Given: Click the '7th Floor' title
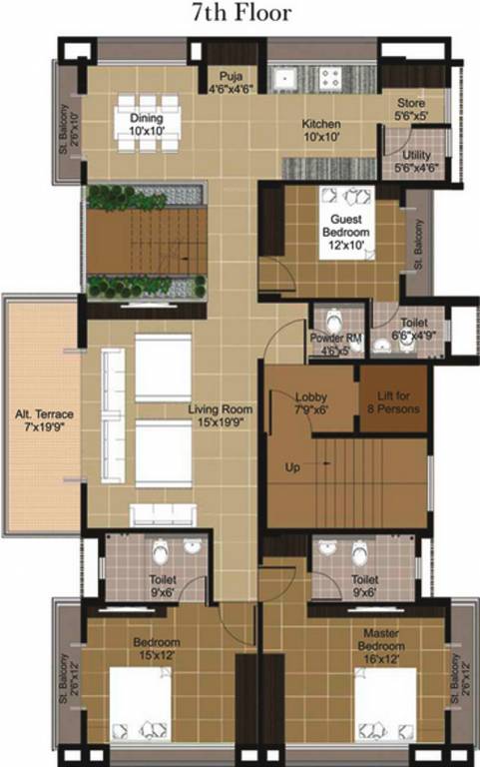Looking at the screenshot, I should [x=240, y=14].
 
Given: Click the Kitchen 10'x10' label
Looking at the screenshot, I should [x=322, y=130].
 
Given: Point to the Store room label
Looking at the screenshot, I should [x=411, y=109].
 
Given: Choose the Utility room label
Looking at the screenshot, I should [x=415, y=163].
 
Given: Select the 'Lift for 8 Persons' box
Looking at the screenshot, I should [x=393, y=402].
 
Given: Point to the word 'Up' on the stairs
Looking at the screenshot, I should [x=292, y=466].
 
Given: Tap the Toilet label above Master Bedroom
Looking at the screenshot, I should [x=364, y=584].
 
